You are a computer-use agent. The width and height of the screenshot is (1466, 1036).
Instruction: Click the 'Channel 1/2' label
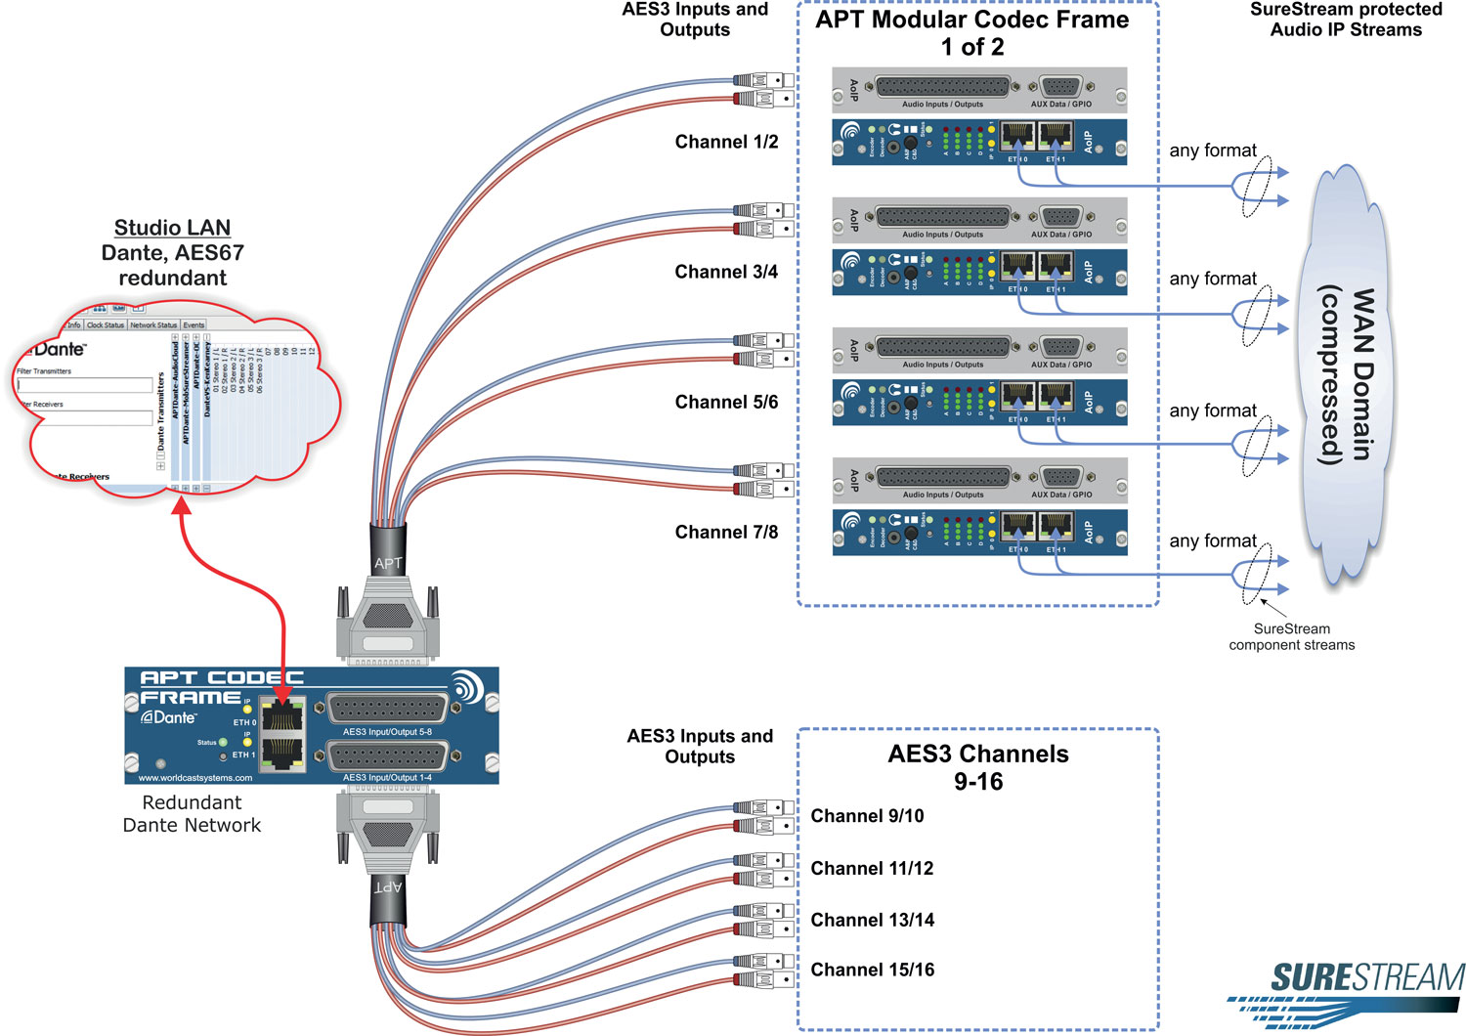(726, 143)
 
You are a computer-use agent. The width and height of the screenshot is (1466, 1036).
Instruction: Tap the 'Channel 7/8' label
(726, 533)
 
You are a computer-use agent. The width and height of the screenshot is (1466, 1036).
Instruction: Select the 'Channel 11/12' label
(872, 869)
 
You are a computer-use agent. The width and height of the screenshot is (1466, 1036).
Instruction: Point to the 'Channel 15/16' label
(872, 971)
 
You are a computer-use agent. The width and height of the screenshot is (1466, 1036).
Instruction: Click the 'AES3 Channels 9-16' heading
(978, 767)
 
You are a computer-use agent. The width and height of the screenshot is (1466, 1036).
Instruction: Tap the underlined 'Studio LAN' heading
(172, 228)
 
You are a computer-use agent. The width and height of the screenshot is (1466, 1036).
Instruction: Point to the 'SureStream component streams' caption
(1291, 637)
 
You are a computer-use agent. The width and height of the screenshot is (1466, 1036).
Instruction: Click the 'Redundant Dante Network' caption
(192, 814)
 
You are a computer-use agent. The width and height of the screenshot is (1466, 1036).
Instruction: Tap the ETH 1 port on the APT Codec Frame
(282, 752)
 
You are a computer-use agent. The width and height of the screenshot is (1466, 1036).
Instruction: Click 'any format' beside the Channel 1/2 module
(1213, 151)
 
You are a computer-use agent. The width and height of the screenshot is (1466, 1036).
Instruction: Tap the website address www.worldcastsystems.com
(195, 778)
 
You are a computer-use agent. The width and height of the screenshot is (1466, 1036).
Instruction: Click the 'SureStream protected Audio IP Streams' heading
(1346, 20)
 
